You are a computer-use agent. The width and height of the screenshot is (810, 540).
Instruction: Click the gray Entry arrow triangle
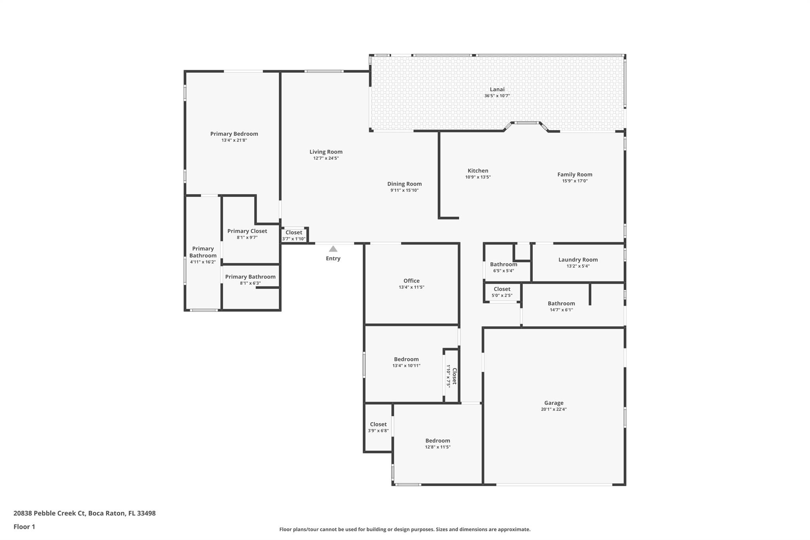click(333, 249)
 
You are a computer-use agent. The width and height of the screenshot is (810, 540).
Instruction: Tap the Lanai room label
click(497, 89)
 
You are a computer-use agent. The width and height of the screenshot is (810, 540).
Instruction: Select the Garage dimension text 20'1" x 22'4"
click(554, 409)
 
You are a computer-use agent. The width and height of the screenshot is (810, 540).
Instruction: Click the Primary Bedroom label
click(234, 134)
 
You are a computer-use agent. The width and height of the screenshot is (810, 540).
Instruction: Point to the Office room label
click(411, 281)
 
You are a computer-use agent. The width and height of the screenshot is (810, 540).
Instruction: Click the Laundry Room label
click(578, 260)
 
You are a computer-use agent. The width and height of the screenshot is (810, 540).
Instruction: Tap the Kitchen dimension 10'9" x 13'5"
click(478, 177)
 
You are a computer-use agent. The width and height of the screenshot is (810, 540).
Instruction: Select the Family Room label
click(575, 174)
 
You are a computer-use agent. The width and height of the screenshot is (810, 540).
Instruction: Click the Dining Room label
click(404, 184)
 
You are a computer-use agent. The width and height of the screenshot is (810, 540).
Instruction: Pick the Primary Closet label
click(247, 231)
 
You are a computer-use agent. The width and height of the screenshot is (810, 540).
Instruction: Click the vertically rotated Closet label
click(454, 376)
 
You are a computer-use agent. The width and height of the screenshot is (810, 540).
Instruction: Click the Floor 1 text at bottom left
click(24, 527)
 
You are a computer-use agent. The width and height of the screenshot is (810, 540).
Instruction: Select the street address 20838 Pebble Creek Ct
click(49, 513)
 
